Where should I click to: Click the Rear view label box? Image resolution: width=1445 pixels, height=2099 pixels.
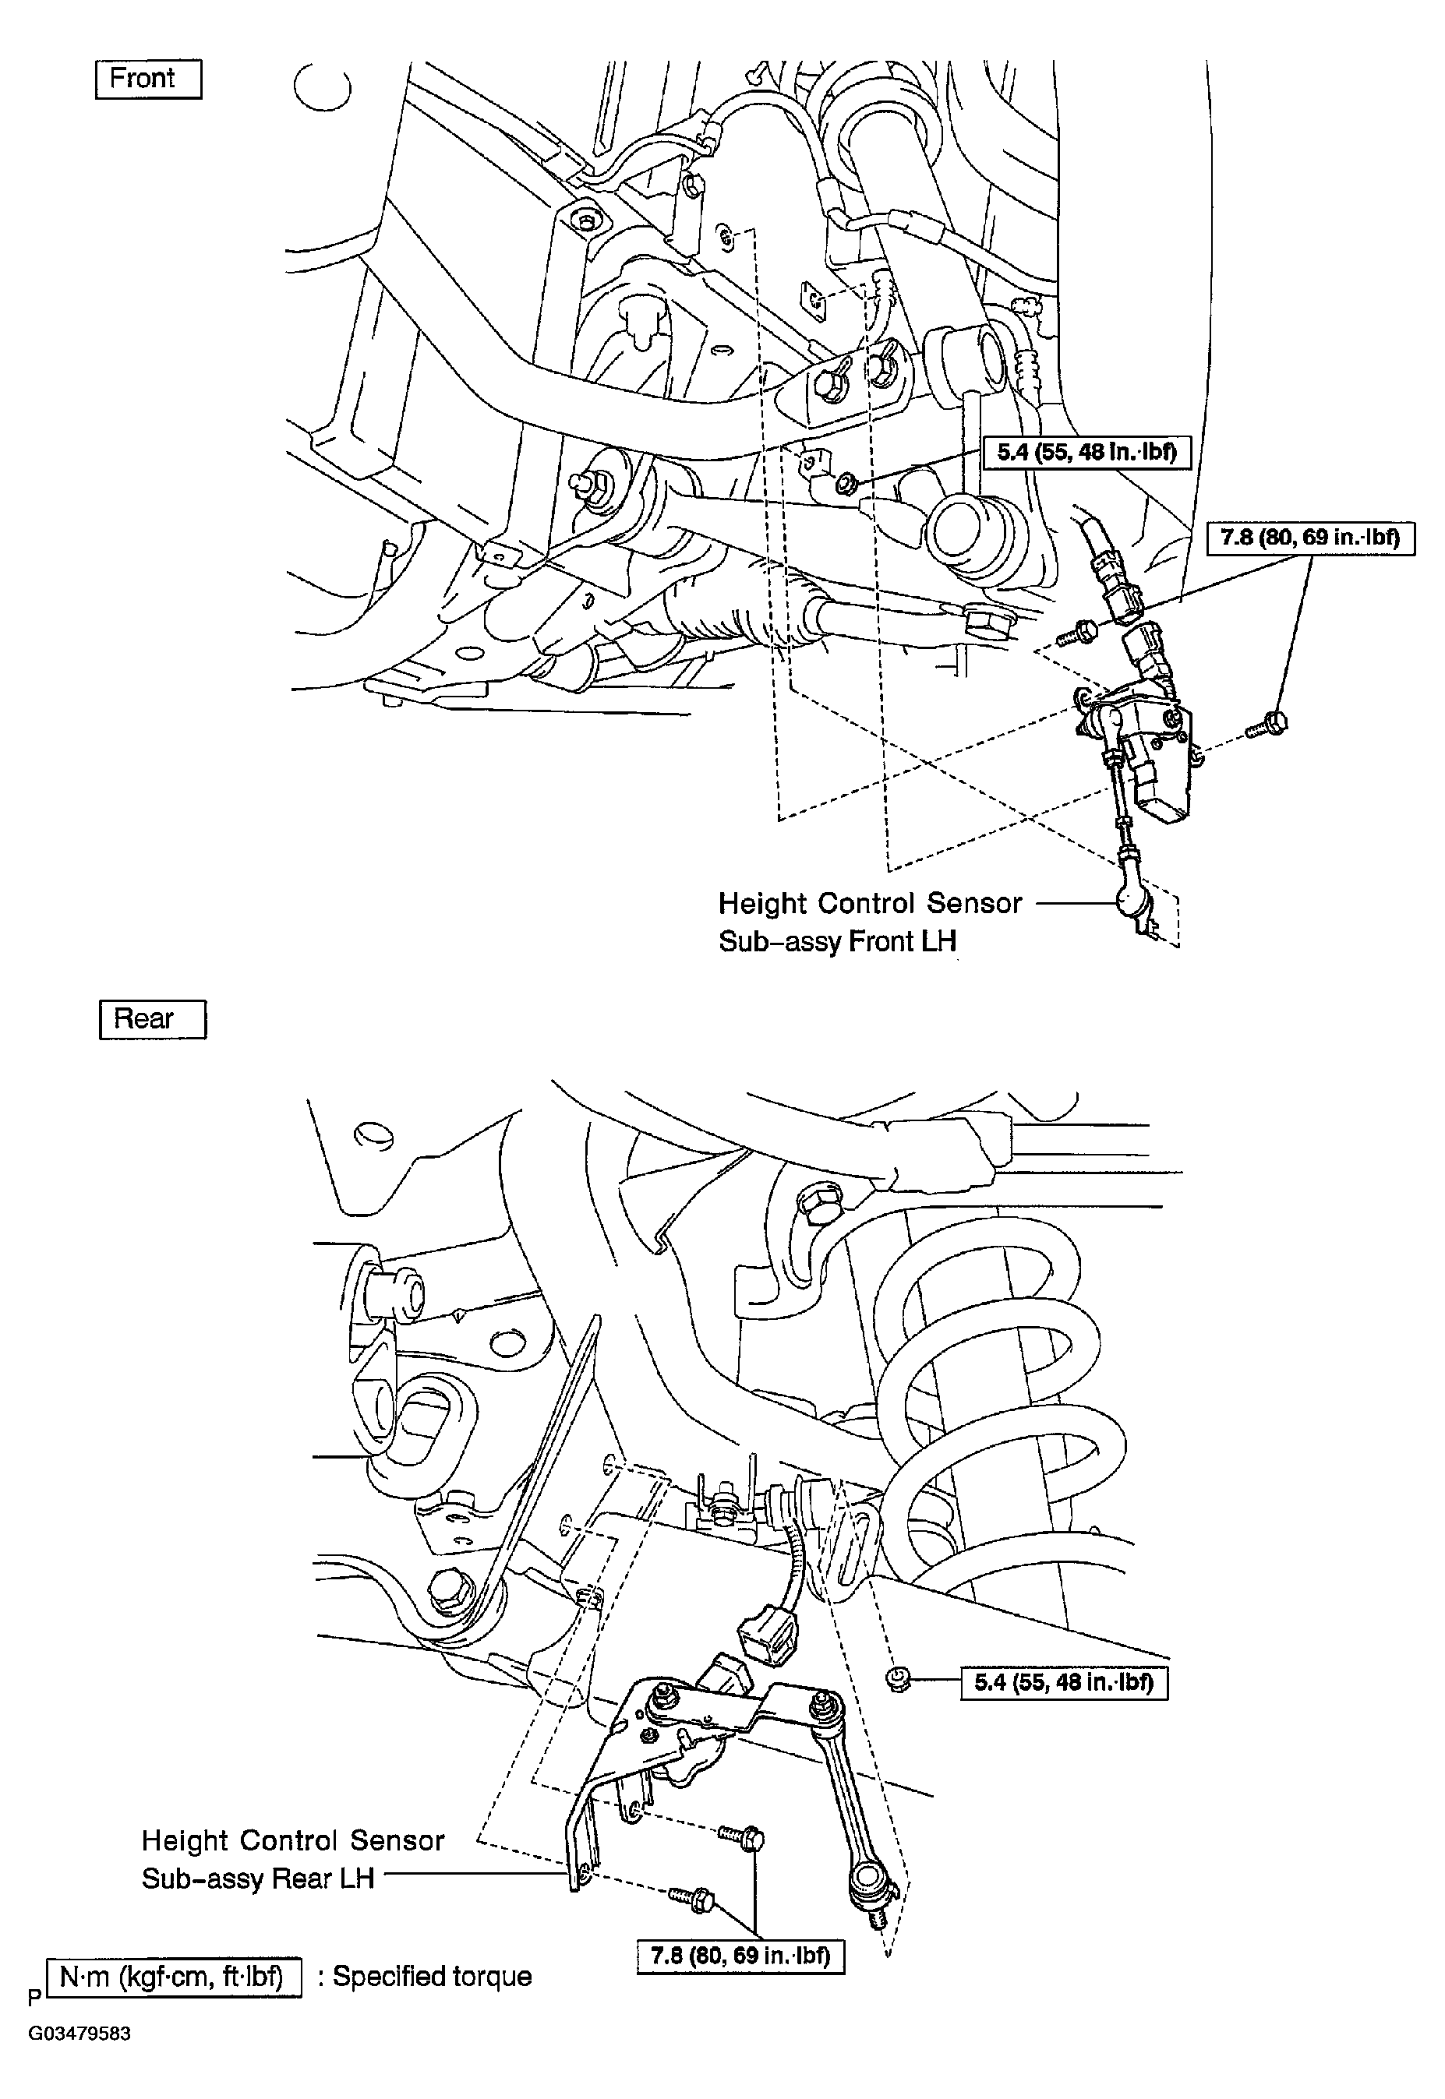click(152, 1019)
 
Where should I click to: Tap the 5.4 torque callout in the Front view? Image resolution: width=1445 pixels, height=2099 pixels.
click(1086, 452)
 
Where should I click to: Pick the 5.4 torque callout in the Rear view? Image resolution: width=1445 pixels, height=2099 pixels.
click(1064, 1683)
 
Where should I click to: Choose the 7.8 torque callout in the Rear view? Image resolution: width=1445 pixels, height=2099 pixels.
click(740, 1956)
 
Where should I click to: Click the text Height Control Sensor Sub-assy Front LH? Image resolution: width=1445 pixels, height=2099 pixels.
click(869, 923)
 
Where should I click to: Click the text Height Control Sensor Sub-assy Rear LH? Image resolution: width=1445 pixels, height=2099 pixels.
click(291, 1859)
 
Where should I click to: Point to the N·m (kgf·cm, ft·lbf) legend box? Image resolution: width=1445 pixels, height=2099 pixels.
click(172, 1977)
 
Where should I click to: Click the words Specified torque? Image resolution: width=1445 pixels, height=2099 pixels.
click(432, 1977)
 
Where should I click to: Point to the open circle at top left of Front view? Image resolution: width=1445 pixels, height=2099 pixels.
click(323, 87)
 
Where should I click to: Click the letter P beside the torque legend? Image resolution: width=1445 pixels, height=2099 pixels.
click(34, 1996)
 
